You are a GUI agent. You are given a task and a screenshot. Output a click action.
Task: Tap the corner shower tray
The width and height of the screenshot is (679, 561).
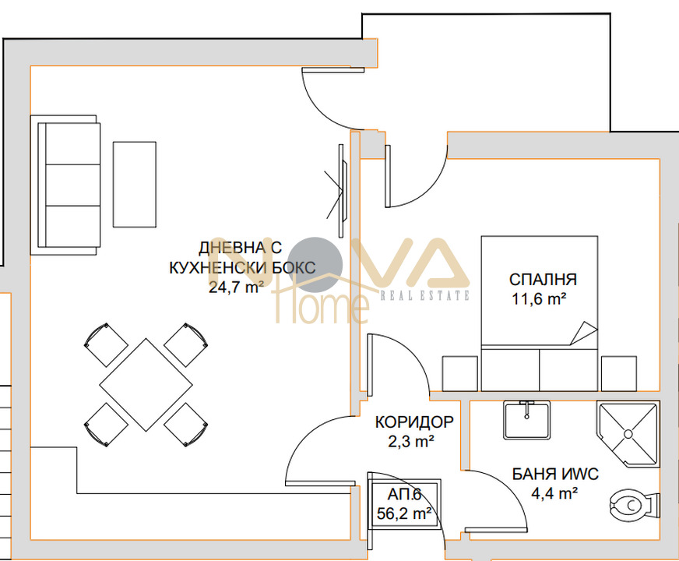(x=627, y=434)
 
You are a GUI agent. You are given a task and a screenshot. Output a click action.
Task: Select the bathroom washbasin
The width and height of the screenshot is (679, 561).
(x=526, y=420)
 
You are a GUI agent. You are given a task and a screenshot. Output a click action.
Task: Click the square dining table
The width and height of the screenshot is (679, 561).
(x=146, y=385)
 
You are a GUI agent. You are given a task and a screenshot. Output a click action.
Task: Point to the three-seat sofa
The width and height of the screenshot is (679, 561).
(x=65, y=185)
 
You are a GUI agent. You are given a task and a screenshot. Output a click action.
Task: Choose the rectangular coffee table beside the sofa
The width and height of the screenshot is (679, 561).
(x=134, y=184)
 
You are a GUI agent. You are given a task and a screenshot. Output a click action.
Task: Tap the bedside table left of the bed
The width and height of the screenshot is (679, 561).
(x=460, y=374)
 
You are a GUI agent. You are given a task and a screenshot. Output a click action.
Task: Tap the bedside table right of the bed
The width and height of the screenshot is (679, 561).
(x=619, y=374)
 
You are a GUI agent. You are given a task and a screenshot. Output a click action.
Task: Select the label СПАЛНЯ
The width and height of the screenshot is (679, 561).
(x=543, y=280)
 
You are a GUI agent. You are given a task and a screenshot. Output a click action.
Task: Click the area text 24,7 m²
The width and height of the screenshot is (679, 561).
(x=237, y=288)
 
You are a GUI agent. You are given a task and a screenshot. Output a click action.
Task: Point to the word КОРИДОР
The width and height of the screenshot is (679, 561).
(x=414, y=422)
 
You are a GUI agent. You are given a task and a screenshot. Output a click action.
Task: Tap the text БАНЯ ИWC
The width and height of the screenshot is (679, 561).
(x=555, y=474)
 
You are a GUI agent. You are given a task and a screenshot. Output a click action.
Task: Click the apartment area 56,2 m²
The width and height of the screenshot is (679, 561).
(x=404, y=513)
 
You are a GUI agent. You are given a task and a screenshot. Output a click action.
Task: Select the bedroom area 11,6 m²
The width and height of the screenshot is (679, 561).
(x=540, y=299)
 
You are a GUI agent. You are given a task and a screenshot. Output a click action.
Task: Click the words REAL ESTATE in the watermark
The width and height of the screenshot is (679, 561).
(x=425, y=296)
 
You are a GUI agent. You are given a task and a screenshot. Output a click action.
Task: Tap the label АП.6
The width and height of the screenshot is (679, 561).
(x=404, y=494)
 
